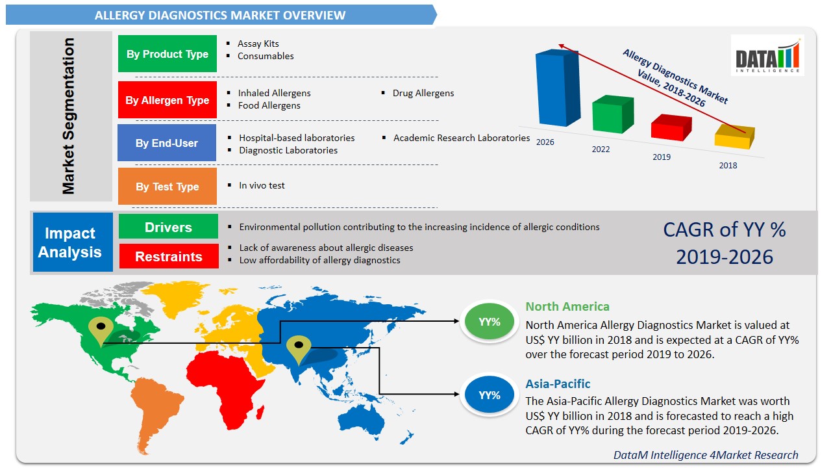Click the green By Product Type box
[167, 53]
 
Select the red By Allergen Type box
[167, 100]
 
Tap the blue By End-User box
[167, 142]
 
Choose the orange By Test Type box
[167, 186]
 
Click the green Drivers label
[168, 227]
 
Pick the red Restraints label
[169, 256]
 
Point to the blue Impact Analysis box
[73, 242]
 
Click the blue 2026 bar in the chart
[558, 88]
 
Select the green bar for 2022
[612, 114]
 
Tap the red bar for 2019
[671, 127]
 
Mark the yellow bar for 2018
[734, 136]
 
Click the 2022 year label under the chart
[601, 149]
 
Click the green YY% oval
[489, 321]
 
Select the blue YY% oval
[489, 395]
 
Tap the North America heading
[567, 306]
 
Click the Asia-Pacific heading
[558, 383]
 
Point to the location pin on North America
[101, 331]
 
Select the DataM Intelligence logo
[767, 55]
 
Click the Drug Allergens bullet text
[423, 93]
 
